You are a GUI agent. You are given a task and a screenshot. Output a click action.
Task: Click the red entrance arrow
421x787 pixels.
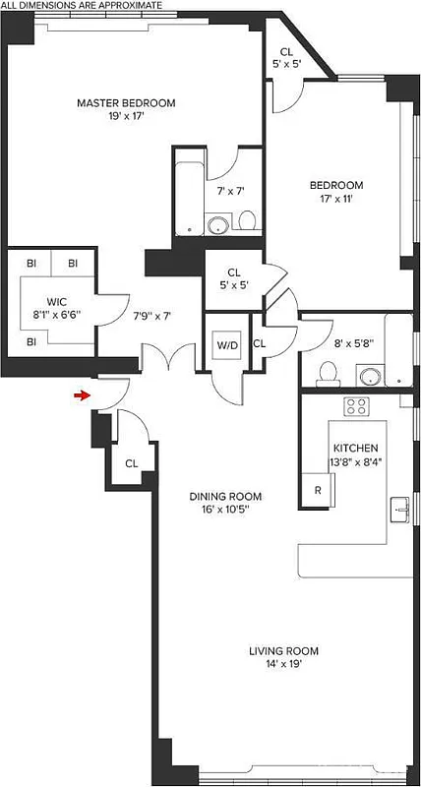[x=82, y=395]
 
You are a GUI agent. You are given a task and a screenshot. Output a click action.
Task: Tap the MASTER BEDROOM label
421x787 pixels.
[x=126, y=102]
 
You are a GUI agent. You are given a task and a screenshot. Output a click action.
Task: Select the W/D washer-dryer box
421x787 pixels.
[x=227, y=345]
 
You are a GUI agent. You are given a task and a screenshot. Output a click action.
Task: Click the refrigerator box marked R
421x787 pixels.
[x=318, y=489]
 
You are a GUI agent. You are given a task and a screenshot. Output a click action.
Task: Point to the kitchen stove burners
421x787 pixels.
[x=355, y=405]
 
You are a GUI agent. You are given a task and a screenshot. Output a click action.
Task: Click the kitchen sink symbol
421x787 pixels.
[x=401, y=509]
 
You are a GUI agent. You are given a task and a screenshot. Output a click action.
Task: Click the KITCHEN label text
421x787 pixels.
[x=354, y=448]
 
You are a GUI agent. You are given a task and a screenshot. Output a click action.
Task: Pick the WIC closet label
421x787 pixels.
[x=57, y=301]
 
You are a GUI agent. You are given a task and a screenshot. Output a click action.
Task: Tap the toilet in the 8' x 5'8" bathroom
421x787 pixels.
[x=331, y=372]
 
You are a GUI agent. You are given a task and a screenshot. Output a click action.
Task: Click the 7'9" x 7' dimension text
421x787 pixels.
[x=151, y=316]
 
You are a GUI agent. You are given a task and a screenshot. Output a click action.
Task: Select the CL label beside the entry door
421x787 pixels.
[x=131, y=463]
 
